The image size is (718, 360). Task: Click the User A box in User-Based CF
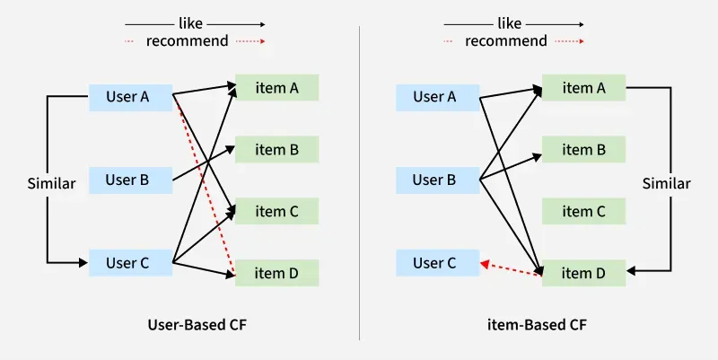click(x=130, y=97)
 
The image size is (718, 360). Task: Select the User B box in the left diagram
click(x=130, y=180)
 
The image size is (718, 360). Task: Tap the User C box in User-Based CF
click(x=130, y=263)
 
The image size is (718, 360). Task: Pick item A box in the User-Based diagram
click(x=276, y=88)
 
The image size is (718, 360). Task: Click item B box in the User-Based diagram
click(x=276, y=150)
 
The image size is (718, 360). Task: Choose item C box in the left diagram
click(x=276, y=211)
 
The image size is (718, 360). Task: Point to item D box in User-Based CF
click(x=276, y=273)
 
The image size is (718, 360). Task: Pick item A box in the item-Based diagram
click(x=583, y=88)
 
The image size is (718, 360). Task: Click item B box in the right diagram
click(x=583, y=150)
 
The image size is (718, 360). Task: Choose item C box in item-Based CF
click(x=583, y=211)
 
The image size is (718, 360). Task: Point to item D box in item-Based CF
click(x=583, y=273)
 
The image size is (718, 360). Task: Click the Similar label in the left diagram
click(x=51, y=183)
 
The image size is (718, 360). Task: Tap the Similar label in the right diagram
click(x=667, y=183)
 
